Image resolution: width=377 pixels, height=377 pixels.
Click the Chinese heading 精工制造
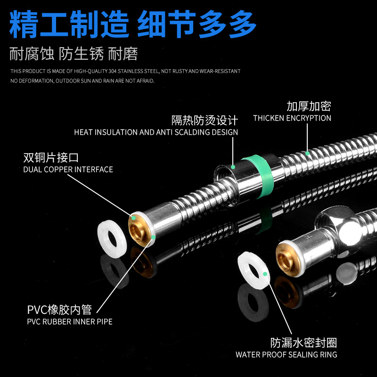tap(69, 24)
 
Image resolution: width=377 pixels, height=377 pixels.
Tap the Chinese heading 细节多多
tap(197, 24)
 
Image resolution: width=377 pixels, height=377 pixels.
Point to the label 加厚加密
tap(309, 106)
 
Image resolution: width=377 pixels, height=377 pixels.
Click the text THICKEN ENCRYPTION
tap(292, 118)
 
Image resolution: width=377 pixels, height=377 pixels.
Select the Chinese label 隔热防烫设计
tap(205, 120)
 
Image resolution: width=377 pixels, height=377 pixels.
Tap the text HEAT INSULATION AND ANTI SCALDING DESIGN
tap(156, 132)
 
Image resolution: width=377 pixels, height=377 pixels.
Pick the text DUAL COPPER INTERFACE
tap(68, 169)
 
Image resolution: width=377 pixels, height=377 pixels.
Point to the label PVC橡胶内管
tap(59, 310)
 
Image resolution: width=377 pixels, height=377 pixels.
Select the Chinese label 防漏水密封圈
tap(303, 343)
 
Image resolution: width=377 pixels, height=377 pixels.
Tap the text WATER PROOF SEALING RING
tap(286, 354)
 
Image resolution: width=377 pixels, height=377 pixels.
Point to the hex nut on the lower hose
tap(336, 226)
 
